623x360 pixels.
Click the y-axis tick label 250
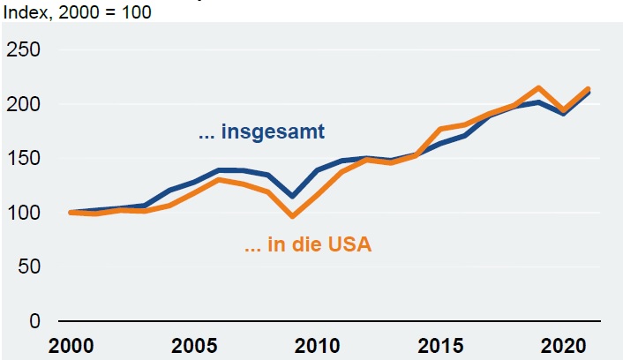[24, 50]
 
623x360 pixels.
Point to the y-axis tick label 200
[24, 104]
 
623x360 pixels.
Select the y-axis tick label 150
[24, 159]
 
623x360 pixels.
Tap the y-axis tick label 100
[24, 213]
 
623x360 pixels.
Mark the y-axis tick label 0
[35, 321]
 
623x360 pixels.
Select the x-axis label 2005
[194, 345]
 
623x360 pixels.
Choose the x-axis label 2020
[562, 345]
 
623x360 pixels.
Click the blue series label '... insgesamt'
[261, 133]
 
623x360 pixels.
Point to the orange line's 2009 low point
[292, 216]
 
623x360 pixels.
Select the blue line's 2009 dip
[292, 197]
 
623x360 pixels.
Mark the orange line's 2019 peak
[538, 87]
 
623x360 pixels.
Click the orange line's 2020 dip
[562, 111]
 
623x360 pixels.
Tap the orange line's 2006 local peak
[218, 179]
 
